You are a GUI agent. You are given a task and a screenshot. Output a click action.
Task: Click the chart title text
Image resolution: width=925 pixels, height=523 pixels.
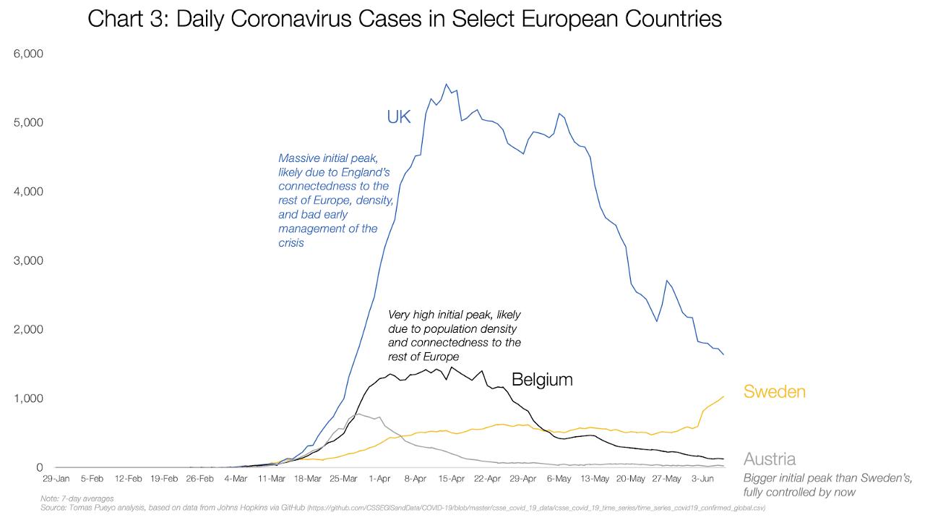tap(405, 19)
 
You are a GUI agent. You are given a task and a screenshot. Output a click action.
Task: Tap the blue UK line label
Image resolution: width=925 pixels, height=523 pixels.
tap(398, 116)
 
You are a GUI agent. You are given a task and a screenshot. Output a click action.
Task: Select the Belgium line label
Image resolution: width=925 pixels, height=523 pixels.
tap(542, 379)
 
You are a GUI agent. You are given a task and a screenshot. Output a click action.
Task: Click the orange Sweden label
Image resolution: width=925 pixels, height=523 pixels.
tap(774, 392)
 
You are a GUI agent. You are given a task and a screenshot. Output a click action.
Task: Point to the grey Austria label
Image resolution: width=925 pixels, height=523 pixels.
tap(770, 459)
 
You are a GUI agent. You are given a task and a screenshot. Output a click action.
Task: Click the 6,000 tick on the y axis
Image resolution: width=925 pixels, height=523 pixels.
tap(29, 54)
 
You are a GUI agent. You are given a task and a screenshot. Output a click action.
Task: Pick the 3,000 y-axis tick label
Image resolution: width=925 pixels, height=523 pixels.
tap(29, 261)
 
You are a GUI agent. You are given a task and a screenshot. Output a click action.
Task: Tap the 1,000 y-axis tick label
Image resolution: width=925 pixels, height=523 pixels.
tap(29, 399)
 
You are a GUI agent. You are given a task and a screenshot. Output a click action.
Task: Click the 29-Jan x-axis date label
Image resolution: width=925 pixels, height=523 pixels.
tap(56, 479)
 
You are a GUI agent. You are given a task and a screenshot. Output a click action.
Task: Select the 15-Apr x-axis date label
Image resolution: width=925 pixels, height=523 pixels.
tap(452, 479)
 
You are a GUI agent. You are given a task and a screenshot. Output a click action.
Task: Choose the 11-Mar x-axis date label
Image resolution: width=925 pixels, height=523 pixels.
tap(272, 479)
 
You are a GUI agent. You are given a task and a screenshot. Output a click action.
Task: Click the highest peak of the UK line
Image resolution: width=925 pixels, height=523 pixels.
tap(446, 84)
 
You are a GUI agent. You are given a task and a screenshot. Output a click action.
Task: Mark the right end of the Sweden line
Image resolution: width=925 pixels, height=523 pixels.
tap(723, 396)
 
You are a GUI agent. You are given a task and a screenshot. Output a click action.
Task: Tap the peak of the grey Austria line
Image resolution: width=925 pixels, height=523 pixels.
tap(359, 414)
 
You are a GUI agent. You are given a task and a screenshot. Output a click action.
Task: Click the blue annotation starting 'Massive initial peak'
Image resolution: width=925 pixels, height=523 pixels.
tap(336, 200)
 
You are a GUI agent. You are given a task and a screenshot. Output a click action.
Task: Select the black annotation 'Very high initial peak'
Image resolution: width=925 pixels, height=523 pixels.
tap(454, 336)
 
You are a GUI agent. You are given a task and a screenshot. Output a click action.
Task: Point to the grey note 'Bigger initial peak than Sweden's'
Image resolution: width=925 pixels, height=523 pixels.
tap(827, 484)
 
